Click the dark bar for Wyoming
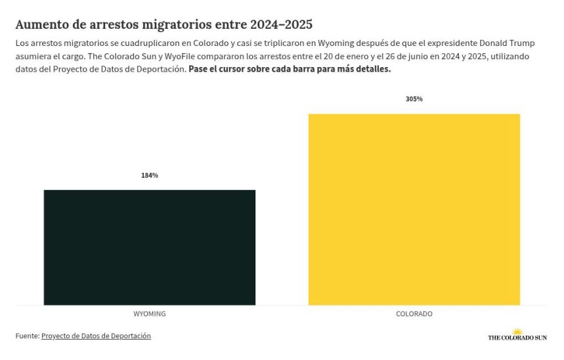pos(150,247)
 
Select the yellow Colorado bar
pos(414,209)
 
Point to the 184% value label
pos(150,175)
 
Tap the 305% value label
pos(414,99)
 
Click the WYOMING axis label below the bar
pos(150,314)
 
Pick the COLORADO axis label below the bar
pos(414,314)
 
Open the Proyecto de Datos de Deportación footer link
pos(96,336)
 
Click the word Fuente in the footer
pos(27,336)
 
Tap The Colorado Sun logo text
pos(517,338)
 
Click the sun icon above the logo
pos(517,331)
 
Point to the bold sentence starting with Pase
pos(290,69)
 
